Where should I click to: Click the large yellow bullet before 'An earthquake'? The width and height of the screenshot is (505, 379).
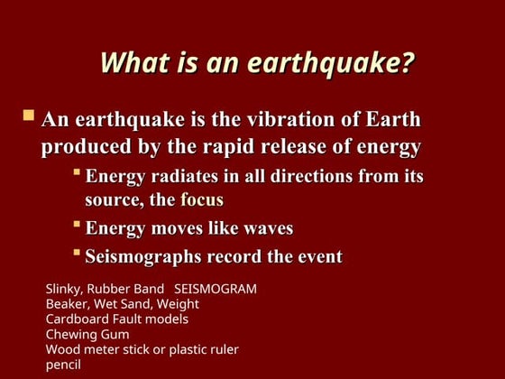point(29,116)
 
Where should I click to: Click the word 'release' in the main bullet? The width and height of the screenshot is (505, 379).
point(276,147)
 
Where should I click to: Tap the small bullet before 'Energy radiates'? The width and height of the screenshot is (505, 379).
point(77,171)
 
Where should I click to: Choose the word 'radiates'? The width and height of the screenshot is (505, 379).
point(188,176)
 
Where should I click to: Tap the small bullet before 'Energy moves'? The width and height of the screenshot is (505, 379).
point(77,224)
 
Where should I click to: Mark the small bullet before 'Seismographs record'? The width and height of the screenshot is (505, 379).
point(77,253)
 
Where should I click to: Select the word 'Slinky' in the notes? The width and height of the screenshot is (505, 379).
point(64,289)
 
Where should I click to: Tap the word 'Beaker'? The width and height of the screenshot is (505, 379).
point(69,304)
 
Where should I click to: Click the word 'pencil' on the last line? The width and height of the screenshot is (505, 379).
point(63,365)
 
